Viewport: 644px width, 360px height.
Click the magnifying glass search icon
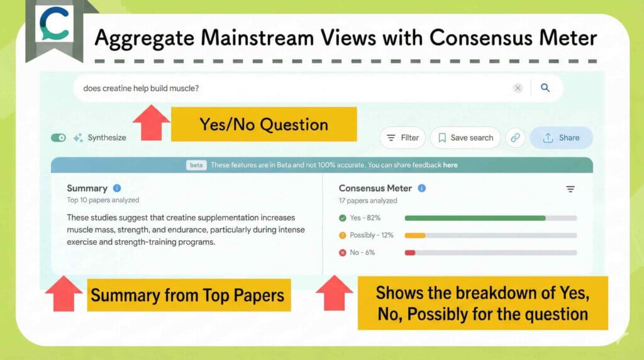(x=545, y=88)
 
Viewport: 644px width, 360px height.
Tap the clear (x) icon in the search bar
(x=518, y=88)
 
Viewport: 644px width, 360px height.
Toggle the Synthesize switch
(x=58, y=138)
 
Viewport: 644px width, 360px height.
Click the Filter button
(x=402, y=138)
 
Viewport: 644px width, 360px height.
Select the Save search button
(x=465, y=138)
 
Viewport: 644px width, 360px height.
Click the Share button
(x=561, y=138)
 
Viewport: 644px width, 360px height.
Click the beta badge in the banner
(x=196, y=165)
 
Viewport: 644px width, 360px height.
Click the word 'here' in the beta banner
(x=450, y=165)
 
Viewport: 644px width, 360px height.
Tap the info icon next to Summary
(x=117, y=188)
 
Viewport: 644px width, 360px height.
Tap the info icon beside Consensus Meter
(x=422, y=188)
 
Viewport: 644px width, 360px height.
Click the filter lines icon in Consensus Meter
(x=570, y=189)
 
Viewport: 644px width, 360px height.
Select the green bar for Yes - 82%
(x=475, y=218)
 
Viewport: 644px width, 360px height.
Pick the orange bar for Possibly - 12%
(x=415, y=235)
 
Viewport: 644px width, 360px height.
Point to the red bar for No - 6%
(x=410, y=252)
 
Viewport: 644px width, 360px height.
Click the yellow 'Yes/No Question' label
(x=264, y=124)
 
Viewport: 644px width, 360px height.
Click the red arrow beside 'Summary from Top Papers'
(x=64, y=293)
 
